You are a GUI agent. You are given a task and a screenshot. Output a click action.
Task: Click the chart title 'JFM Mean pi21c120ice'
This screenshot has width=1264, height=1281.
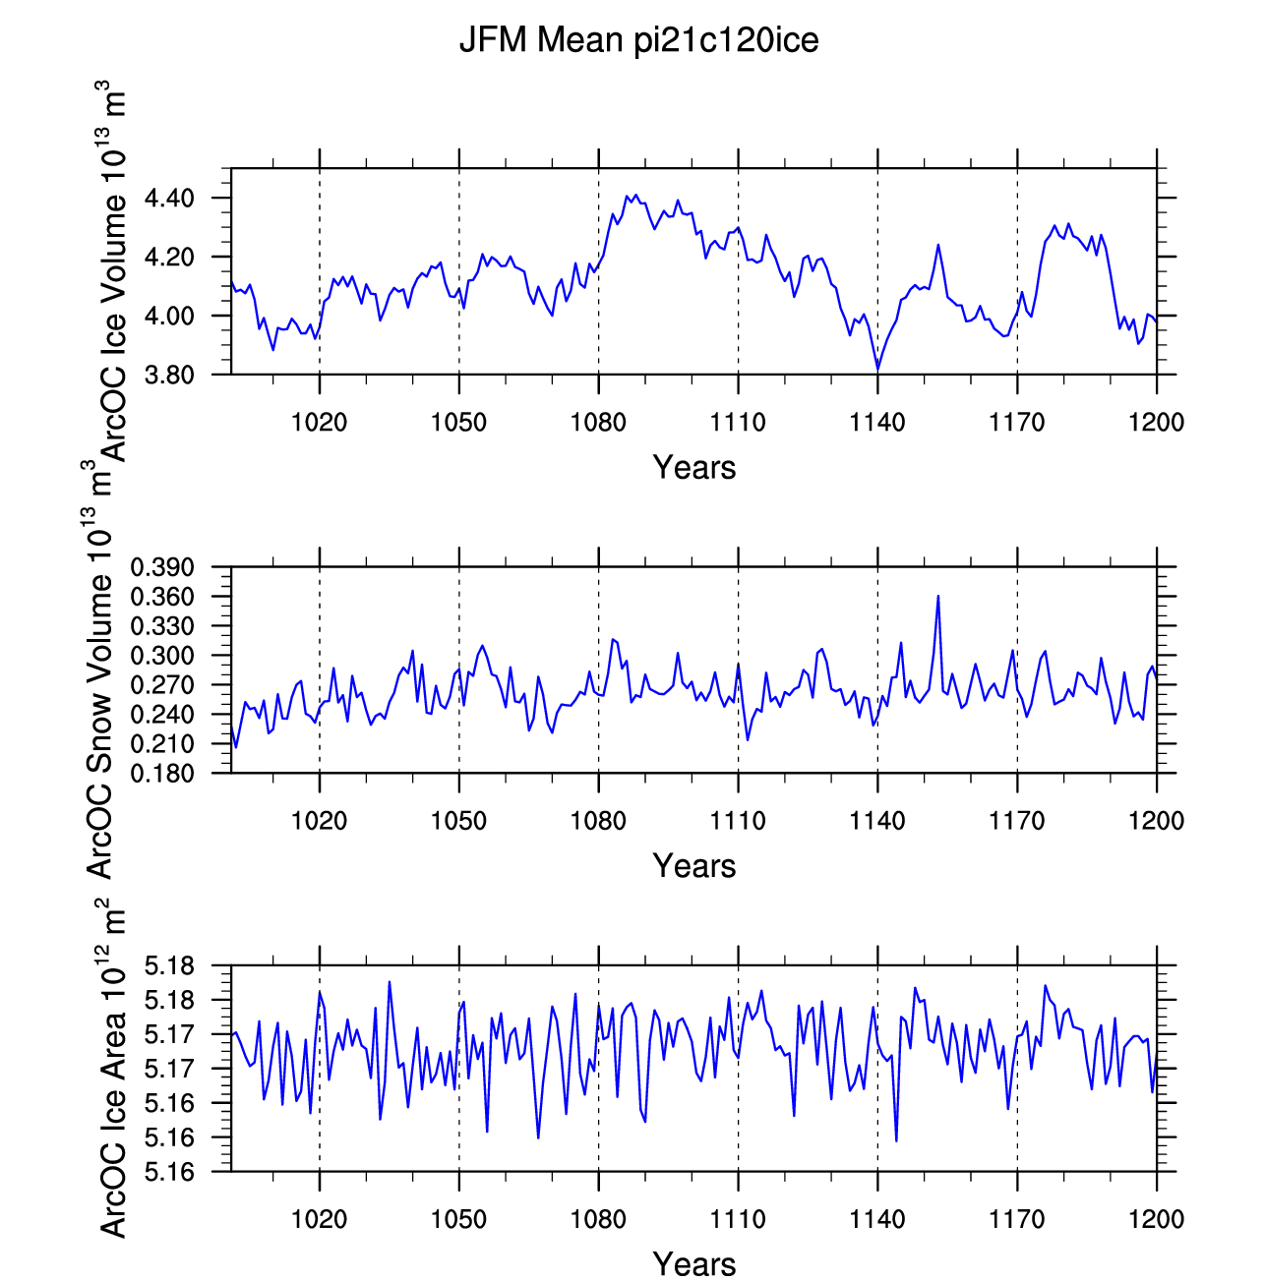click(638, 40)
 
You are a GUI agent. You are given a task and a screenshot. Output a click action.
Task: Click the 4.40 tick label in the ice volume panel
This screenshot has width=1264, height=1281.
click(169, 199)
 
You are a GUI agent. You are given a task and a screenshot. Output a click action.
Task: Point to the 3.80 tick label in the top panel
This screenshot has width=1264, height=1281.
click(169, 375)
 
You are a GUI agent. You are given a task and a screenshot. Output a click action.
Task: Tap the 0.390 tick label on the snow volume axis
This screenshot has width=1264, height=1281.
click(162, 567)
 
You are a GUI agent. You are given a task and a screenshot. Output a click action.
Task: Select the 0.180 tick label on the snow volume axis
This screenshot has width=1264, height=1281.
click(162, 773)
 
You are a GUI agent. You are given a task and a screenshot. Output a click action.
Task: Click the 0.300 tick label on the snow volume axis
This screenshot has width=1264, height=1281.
click(162, 656)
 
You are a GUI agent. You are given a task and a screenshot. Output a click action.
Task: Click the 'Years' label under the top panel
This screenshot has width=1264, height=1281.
click(693, 467)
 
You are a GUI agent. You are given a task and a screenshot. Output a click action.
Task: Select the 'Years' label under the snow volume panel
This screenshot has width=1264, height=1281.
click(693, 865)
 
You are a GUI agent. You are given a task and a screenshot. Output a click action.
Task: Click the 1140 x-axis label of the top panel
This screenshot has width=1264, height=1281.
click(877, 422)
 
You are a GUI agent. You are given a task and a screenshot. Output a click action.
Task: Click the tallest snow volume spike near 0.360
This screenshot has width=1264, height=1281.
click(938, 596)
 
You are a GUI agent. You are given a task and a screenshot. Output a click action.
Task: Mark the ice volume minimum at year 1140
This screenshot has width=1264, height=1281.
click(878, 368)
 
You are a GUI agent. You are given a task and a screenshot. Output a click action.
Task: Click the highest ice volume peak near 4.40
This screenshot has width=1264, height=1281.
click(636, 196)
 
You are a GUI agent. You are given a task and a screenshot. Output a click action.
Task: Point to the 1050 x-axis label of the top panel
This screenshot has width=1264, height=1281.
click(459, 422)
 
